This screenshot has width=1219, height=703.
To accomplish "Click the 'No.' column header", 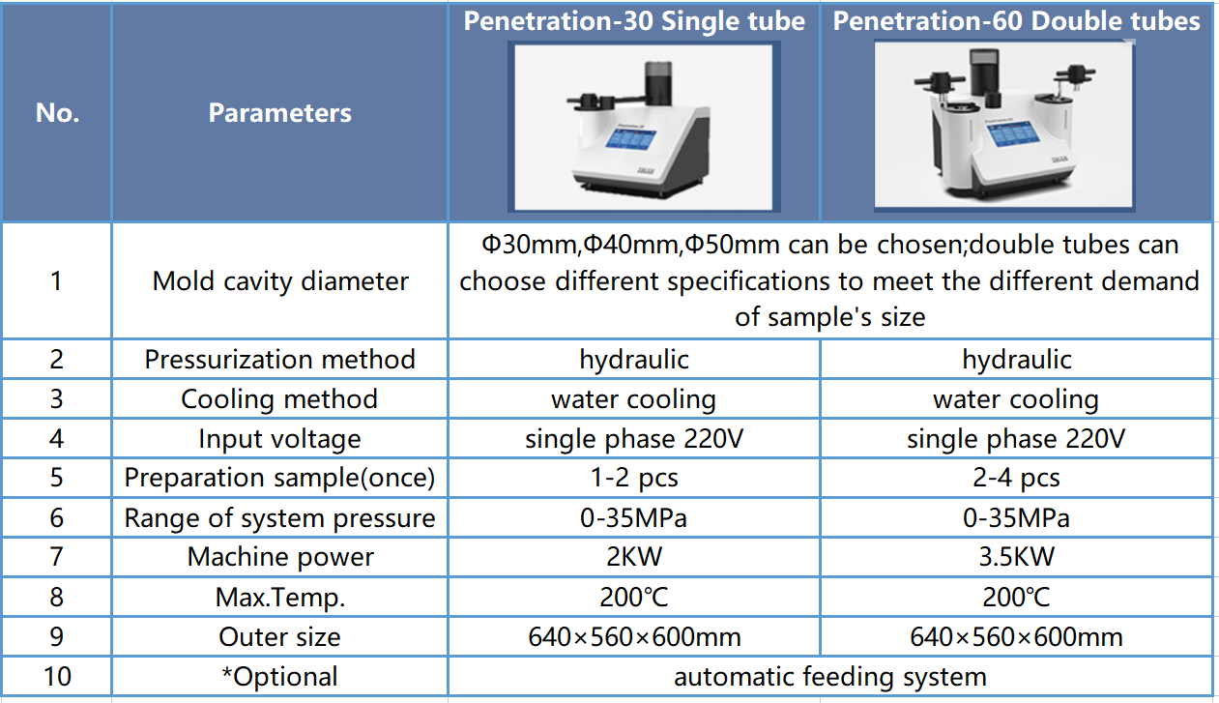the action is tap(57, 113).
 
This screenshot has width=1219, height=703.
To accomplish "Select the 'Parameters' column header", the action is tap(279, 113).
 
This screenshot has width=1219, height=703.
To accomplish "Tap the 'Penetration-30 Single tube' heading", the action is tap(634, 21).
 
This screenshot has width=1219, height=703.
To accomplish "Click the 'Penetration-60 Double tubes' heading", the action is tap(1016, 21).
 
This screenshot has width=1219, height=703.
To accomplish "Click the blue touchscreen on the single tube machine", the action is tap(630, 137).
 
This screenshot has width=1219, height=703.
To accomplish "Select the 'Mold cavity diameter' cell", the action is tap(280, 281).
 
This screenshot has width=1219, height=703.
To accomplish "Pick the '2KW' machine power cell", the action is tap(634, 557).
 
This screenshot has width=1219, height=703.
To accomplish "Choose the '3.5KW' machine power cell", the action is tap(1016, 557).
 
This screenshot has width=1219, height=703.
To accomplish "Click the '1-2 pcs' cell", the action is tap(634, 478).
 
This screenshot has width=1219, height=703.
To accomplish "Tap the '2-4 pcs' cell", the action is tap(1016, 478).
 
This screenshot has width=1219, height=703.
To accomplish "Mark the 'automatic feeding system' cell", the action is tap(829, 677).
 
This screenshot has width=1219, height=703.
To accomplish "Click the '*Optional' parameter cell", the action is tap(279, 677).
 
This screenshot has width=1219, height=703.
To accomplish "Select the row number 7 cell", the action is tap(57, 557).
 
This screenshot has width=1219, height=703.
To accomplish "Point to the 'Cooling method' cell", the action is tap(279, 398).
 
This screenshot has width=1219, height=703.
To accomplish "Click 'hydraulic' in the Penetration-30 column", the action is tap(634, 360).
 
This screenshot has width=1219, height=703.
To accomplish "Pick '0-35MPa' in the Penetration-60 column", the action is tap(1016, 517).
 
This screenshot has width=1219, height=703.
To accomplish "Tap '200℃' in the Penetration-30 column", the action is tap(634, 597).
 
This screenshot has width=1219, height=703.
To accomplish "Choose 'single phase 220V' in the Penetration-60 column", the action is tap(1016, 438).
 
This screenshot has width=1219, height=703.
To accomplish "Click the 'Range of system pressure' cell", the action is tap(279, 517).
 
